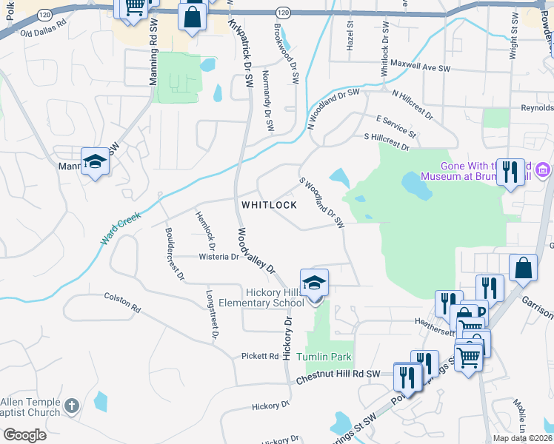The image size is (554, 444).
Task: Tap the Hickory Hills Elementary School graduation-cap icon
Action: (x=314, y=282)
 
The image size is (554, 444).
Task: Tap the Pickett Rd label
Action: (x=259, y=356)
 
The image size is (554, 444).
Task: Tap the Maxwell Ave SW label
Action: (x=421, y=67)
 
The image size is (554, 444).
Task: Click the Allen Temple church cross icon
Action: (x=71, y=405)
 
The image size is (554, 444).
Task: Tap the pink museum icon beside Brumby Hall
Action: (x=543, y=171)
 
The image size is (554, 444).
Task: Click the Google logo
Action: (x=24, y=435)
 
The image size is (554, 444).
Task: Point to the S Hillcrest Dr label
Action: (x=386, y=141)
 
